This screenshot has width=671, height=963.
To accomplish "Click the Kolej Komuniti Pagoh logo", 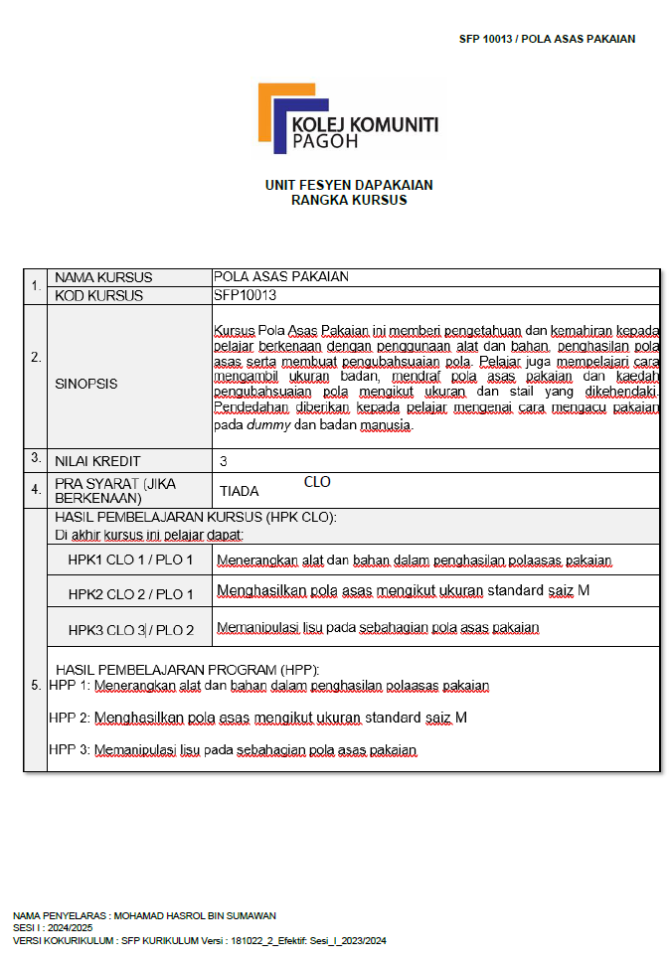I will point(348,120).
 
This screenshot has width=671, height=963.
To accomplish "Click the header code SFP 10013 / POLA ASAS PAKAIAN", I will point(547,39).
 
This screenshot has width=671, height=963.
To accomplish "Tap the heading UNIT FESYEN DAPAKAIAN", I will point(349,185).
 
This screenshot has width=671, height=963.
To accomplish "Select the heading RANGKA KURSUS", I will point(349,200).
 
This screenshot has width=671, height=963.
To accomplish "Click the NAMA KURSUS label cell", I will point(103,277).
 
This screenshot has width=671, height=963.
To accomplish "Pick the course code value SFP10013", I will point(245,295).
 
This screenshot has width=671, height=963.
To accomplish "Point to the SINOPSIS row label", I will point(85,383).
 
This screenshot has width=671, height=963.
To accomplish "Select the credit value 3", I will point(224,461).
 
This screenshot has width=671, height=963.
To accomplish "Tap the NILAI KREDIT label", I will point(97,461).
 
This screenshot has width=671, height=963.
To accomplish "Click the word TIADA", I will point(239,491).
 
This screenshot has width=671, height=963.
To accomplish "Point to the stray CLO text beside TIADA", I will point(317,482).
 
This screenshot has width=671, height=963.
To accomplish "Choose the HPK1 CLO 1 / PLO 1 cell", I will point(131,560).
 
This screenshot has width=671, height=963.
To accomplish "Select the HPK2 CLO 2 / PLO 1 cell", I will point(131,593).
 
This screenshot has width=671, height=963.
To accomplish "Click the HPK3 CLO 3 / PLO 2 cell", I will point(131,629).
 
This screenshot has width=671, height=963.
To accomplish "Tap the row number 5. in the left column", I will point(36,685).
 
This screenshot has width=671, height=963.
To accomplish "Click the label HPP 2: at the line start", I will point(70,717).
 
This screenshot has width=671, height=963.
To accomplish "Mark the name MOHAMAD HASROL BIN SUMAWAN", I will point(195,915).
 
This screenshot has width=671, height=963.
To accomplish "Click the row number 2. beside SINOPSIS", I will point(36,357).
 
